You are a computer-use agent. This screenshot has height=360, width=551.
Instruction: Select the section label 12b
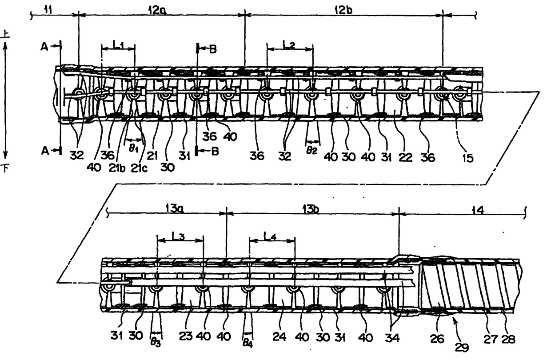pos(343,8)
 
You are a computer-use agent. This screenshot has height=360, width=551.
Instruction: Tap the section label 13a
pos(167,207)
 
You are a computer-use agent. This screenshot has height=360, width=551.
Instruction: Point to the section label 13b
pos(312,207)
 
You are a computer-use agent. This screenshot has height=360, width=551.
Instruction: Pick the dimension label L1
pos(118,44)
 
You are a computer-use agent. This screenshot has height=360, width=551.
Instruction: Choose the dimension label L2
pos(290,44)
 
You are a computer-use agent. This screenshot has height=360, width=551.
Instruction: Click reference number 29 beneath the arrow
pos(462,347)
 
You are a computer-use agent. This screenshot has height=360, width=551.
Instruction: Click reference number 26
pos(437,339)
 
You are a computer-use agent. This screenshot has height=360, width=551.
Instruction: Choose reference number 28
pos(508,339)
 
